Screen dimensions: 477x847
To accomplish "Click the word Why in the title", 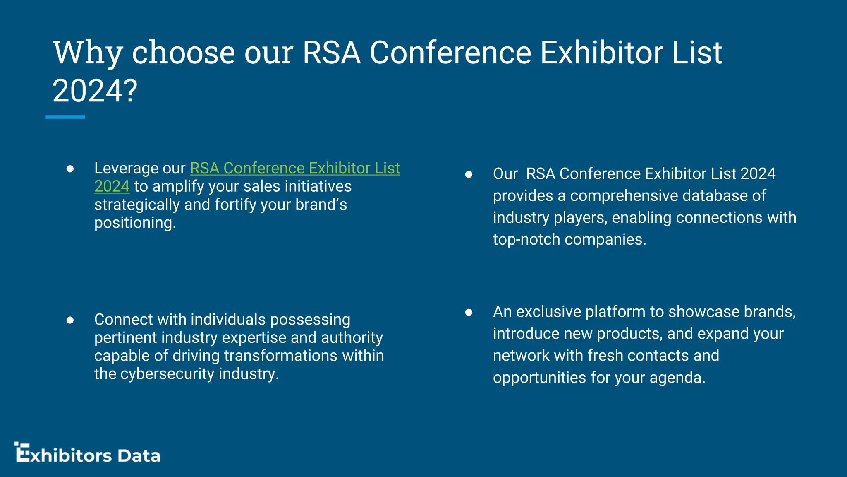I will (88, 53).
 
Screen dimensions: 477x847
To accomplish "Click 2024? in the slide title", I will (95, 92).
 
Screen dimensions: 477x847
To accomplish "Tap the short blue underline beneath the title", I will (65, 117).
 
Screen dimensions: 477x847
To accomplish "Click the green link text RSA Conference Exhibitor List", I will (295, 168).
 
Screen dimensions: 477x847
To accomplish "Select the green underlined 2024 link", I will (112, 186).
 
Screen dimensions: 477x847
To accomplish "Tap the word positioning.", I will (135, 223).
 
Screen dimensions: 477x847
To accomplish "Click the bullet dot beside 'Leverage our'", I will (70, 169).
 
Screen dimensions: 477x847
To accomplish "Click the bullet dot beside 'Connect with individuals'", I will (70, 320).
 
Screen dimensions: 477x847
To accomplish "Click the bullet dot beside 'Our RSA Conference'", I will (469, 174).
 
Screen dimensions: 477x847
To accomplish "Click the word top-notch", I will (526, 240).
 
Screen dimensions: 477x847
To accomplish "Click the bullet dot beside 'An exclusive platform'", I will (469, 312).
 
